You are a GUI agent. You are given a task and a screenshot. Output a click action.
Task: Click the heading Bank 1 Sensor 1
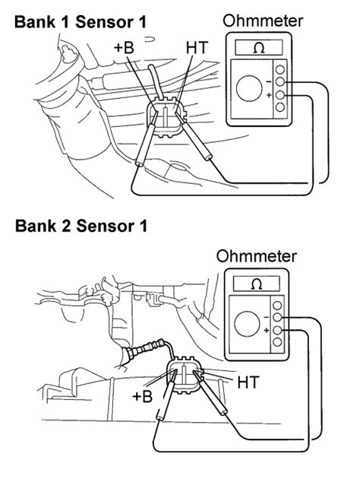point(81,23)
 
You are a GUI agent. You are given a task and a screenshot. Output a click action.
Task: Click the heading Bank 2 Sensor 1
point(81,226)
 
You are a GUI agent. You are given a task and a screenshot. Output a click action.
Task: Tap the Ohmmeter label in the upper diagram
point(263,21)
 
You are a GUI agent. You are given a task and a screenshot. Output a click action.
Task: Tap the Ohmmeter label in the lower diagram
point(257,256)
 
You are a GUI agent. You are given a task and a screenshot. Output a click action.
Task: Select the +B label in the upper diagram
point(124,48)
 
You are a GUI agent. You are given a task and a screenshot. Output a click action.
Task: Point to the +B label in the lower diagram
point(142,396)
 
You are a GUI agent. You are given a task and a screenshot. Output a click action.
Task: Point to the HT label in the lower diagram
point(248,382)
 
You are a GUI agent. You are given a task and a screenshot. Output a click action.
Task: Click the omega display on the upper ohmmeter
point(259,48)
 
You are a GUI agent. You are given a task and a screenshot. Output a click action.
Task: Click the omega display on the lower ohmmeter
point(257,284)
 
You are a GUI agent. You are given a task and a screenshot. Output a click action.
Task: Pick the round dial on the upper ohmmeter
point(249,88)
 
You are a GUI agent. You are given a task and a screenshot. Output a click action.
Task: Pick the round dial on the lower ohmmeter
point(247,325)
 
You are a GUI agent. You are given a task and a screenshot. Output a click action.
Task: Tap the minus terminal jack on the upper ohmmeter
point(279,82)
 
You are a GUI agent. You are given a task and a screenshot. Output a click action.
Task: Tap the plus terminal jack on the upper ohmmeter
point(279,95)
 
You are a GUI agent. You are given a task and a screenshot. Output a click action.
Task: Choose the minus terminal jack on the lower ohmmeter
point(277,318)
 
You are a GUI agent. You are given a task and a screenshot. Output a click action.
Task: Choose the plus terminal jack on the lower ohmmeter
point(277,330)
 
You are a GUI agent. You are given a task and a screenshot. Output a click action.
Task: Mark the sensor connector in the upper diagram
point(166,117)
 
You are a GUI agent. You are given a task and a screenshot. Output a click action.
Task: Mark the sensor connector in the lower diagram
point(184,376)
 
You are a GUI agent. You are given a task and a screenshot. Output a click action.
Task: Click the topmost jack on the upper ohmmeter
point(279,69)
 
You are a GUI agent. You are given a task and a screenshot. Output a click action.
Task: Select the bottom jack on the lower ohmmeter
point(277,342)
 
